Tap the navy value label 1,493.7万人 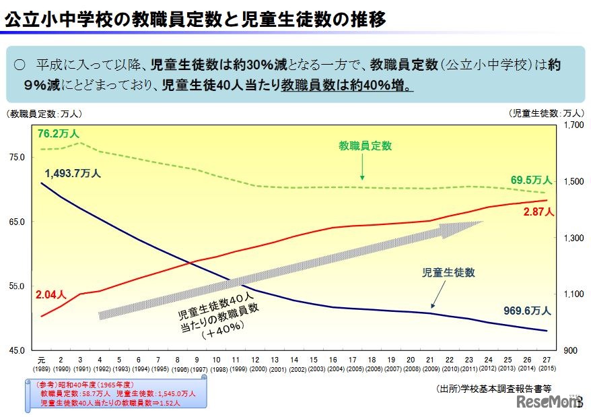[x=73, y=173]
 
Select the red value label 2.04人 [x=51, y=294]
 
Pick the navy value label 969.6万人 [x=527, y=311]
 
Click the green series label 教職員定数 [x=366, y=145]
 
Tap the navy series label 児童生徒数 [x=448, y=273]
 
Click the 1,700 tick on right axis [x=571, y=125]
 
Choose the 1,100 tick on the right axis [x=571, y=294]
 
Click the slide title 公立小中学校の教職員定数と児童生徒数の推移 [x=195, y=20]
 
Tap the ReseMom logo [x=548, y=402]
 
